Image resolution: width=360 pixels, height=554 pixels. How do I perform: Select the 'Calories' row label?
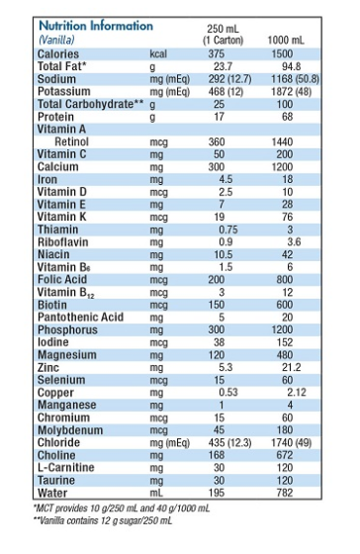click(x=58, y=53)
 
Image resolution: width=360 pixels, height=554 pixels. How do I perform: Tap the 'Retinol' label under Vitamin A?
click(x=71, y=141)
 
